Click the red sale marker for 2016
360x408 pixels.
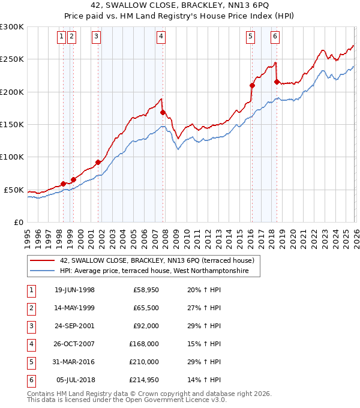(252, 85)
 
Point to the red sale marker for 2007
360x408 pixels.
(163, 112)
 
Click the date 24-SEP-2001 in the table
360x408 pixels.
(74, 326)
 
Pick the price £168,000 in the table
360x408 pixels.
(144, 344)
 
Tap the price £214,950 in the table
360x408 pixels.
(144, 380)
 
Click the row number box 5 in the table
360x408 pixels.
(30, 362)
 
